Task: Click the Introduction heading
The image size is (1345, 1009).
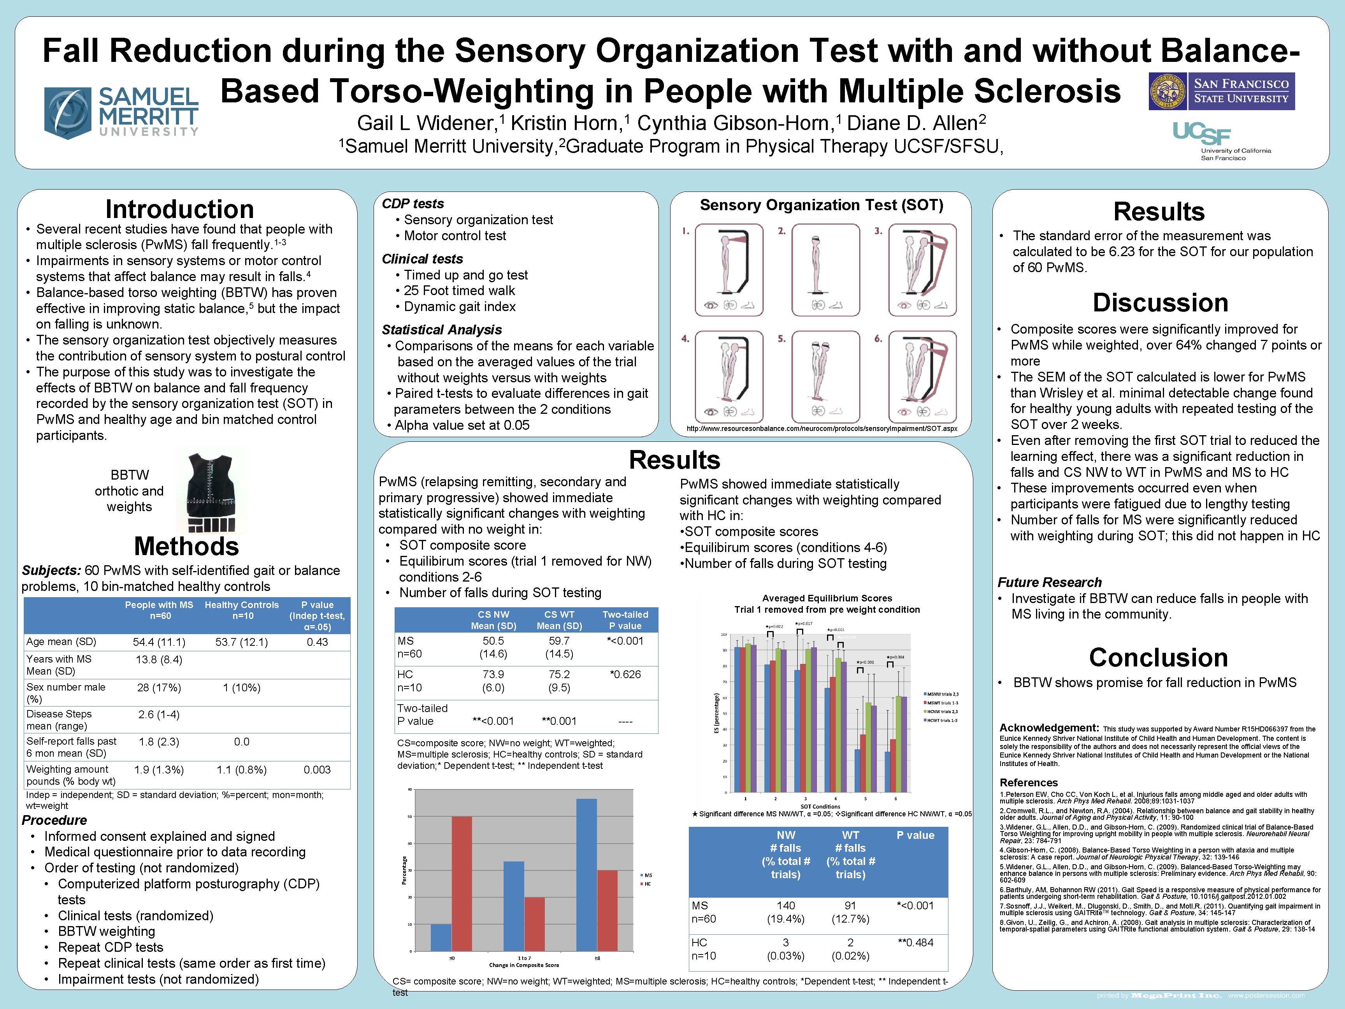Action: click(179, 209)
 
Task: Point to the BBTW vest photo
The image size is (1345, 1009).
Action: click(211, 493)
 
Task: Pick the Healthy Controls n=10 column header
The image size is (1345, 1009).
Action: click(241, 610)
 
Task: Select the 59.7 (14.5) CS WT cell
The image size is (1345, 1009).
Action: click(559, 647)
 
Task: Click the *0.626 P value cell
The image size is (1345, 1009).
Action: click(625, 674)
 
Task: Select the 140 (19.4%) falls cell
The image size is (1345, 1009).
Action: click(786, 912)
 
